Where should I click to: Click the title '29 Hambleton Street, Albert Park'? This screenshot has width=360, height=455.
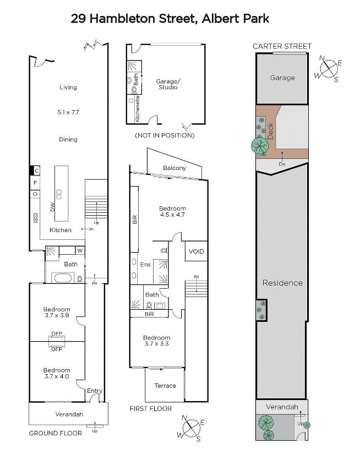[x=170, y=19]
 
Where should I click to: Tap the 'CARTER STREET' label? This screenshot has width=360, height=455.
[x=282, y=46]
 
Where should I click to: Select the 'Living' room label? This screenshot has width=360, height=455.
[x=68, y=87]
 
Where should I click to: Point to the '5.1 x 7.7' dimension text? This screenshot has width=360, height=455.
[x=68, y=112]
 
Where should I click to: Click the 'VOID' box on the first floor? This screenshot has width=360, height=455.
[x=197, y=251]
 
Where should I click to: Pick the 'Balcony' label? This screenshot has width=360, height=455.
[x=174, y=168]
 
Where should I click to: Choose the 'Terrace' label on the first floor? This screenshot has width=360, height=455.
[x=165, y=386]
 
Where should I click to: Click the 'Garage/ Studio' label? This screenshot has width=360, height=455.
[x=168, y=84]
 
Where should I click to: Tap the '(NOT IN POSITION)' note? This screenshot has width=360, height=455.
[x=165, y=135]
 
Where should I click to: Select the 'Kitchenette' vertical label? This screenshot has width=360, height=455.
[x=137, y=109]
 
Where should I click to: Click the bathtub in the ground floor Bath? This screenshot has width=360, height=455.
[x=63, y=278]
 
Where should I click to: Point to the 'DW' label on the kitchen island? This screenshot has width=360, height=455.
[x=52, y=207]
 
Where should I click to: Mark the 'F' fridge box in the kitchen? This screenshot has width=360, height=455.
[x=35, y=183]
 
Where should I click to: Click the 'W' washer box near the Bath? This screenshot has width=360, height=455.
[x=80, y=250]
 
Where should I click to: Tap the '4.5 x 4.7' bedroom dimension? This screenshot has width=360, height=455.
[x=172, y=215]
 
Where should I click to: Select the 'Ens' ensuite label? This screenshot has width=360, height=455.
[x=145, y=265]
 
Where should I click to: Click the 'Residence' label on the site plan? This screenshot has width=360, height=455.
[x=282, y=283]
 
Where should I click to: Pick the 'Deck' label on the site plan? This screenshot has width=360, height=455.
[x=270, y=131]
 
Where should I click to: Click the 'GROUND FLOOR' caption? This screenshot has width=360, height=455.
[x=56, y=433]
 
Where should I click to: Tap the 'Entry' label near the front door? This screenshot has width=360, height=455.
[x=95, y=391]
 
